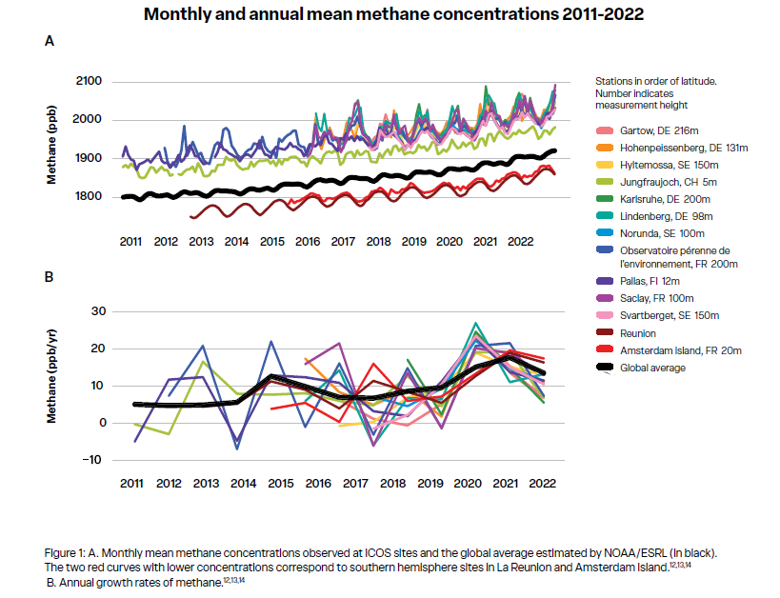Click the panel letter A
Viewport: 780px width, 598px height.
pyautogui.click(x=50, y=41)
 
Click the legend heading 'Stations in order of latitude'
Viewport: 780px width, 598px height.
pyautogui.click(x=654, y=82)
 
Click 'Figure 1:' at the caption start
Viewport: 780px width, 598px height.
pyautogui.click(x=67, y=552)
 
